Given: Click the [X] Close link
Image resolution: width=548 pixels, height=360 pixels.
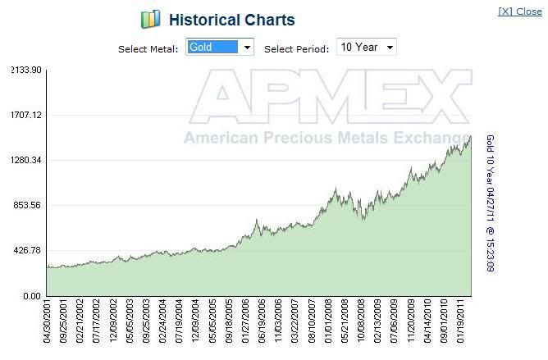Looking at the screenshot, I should click(519, 12).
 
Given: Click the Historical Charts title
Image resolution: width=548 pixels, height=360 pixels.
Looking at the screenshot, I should click(231, 20).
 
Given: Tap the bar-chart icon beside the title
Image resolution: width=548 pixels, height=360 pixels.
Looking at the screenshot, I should click(150, 20).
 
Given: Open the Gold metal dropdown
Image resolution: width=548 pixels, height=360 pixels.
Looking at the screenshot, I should click(220, 48).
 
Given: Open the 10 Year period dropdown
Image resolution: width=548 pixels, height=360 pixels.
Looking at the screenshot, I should click(367, 48).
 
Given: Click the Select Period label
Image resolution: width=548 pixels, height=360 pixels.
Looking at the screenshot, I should click(300, 49).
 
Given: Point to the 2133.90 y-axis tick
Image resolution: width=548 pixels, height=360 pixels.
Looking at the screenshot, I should click(25, 71).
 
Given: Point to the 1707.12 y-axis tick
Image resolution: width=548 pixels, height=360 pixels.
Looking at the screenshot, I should click(25, 116).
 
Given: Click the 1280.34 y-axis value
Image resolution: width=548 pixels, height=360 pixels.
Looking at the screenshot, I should click(25, 161).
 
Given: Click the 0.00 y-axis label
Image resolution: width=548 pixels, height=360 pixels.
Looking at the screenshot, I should click(31, 296).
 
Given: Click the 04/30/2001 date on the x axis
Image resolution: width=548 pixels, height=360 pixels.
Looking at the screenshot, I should click(48, 326).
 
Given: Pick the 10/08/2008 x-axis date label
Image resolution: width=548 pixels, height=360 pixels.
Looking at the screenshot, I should click(360, 326).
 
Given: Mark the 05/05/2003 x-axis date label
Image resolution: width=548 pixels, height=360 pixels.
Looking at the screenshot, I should click(128, 326).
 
